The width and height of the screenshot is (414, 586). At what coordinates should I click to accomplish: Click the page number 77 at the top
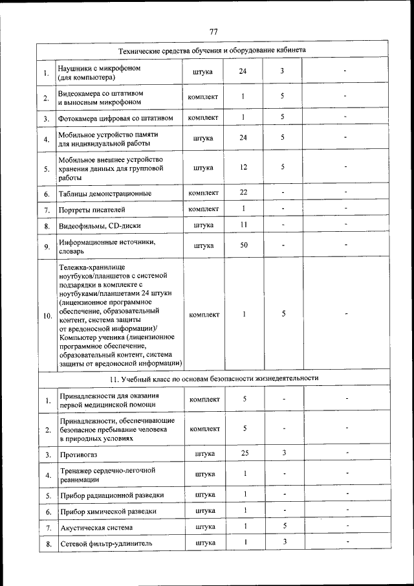coord(213,32)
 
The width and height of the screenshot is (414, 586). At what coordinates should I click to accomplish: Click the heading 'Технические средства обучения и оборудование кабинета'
coord(213,50)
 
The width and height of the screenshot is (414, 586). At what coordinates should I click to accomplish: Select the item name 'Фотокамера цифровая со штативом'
coord(116,118)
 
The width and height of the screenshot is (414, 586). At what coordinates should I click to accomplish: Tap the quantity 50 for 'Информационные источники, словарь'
coord(243,245)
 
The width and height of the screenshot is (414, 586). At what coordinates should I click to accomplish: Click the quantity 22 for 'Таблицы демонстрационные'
coord(243,193)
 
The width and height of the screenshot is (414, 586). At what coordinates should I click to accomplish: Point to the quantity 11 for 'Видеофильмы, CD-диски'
coord(243,225)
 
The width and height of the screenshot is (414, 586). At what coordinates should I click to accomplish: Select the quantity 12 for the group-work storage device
coord(243,168)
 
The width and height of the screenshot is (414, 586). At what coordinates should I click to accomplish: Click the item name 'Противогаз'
coord(78,456)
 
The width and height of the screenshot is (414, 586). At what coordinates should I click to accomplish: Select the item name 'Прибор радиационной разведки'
coord(111,495)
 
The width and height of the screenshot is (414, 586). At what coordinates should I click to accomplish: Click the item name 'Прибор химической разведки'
coord(108,512)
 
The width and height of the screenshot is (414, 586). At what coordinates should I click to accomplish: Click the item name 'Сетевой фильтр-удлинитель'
coord(106,544)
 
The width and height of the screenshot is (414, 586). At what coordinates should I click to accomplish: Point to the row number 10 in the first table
coord(47,316)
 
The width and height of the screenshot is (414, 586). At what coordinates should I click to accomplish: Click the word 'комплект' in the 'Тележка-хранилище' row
coord(204,315)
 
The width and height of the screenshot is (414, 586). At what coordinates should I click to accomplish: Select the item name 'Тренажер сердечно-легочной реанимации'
coord(107,475)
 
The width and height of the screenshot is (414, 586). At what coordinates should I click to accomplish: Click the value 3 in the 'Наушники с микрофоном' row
coord(283,71)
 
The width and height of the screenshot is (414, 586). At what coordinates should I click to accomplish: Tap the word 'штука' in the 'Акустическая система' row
coord(205,527)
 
